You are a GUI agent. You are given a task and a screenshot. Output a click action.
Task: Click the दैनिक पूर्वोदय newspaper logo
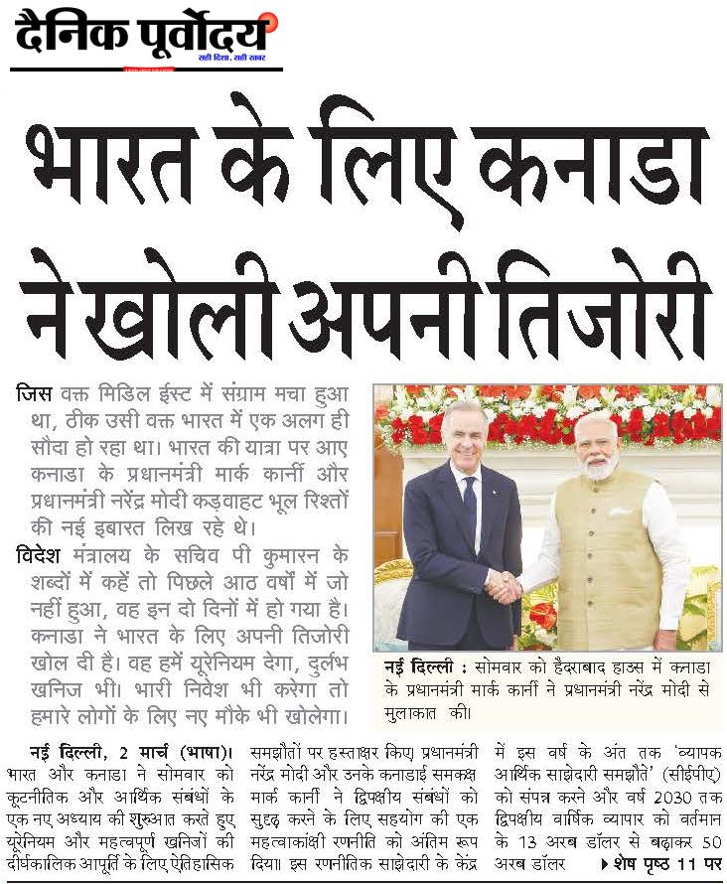[145, 38]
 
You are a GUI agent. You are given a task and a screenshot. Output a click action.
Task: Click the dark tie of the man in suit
[470, 506]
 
